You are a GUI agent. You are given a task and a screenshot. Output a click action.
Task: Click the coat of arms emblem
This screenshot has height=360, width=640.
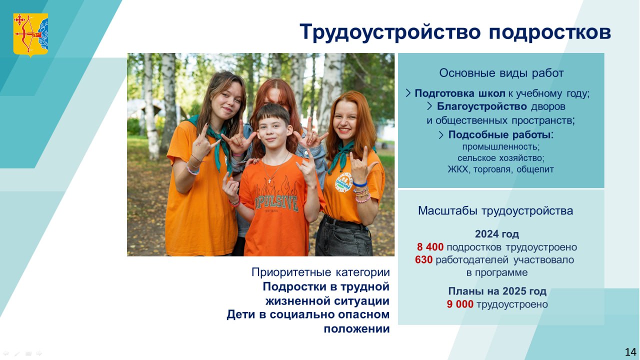[x=30, y=35]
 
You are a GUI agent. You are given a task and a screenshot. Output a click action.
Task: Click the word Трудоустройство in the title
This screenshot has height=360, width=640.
[x=390, y=32]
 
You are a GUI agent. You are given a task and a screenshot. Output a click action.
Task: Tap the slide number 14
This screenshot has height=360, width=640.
[x=630, y=352]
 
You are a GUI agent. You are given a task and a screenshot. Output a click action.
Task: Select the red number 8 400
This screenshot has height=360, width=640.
[x=430, y=247]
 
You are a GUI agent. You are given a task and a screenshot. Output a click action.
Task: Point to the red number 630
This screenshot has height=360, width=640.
[x=423, y=259]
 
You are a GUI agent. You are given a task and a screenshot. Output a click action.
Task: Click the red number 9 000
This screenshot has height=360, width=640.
[x=460, y=304]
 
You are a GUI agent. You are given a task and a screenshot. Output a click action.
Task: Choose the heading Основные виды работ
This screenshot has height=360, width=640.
[x=501, y=73]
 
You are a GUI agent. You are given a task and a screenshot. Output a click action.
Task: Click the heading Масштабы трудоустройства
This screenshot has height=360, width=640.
[x=495, y=211]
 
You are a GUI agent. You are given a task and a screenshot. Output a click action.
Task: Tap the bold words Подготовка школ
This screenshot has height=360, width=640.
[x=460, y=93]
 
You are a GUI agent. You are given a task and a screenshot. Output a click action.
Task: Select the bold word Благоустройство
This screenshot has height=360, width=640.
[x=481, y=106]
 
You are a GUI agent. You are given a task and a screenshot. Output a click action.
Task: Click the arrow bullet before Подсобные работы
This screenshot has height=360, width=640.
[x=441, y=135]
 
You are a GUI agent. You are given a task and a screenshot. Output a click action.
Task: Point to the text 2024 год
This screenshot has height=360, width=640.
[x=497, y=234]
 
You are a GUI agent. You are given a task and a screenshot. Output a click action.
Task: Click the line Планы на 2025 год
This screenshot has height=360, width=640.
[x=497, y=291]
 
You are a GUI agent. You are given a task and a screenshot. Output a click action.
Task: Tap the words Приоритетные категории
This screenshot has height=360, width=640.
[x=320, y=272]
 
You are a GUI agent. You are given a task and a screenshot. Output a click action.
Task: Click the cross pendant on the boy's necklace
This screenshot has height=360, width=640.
[x=269, y=180]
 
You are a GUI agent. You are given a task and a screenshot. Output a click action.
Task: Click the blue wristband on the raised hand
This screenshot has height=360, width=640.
[x=359, y=184]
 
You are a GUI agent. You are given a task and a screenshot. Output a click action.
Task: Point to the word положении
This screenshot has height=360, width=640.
[x=356, y=329]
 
